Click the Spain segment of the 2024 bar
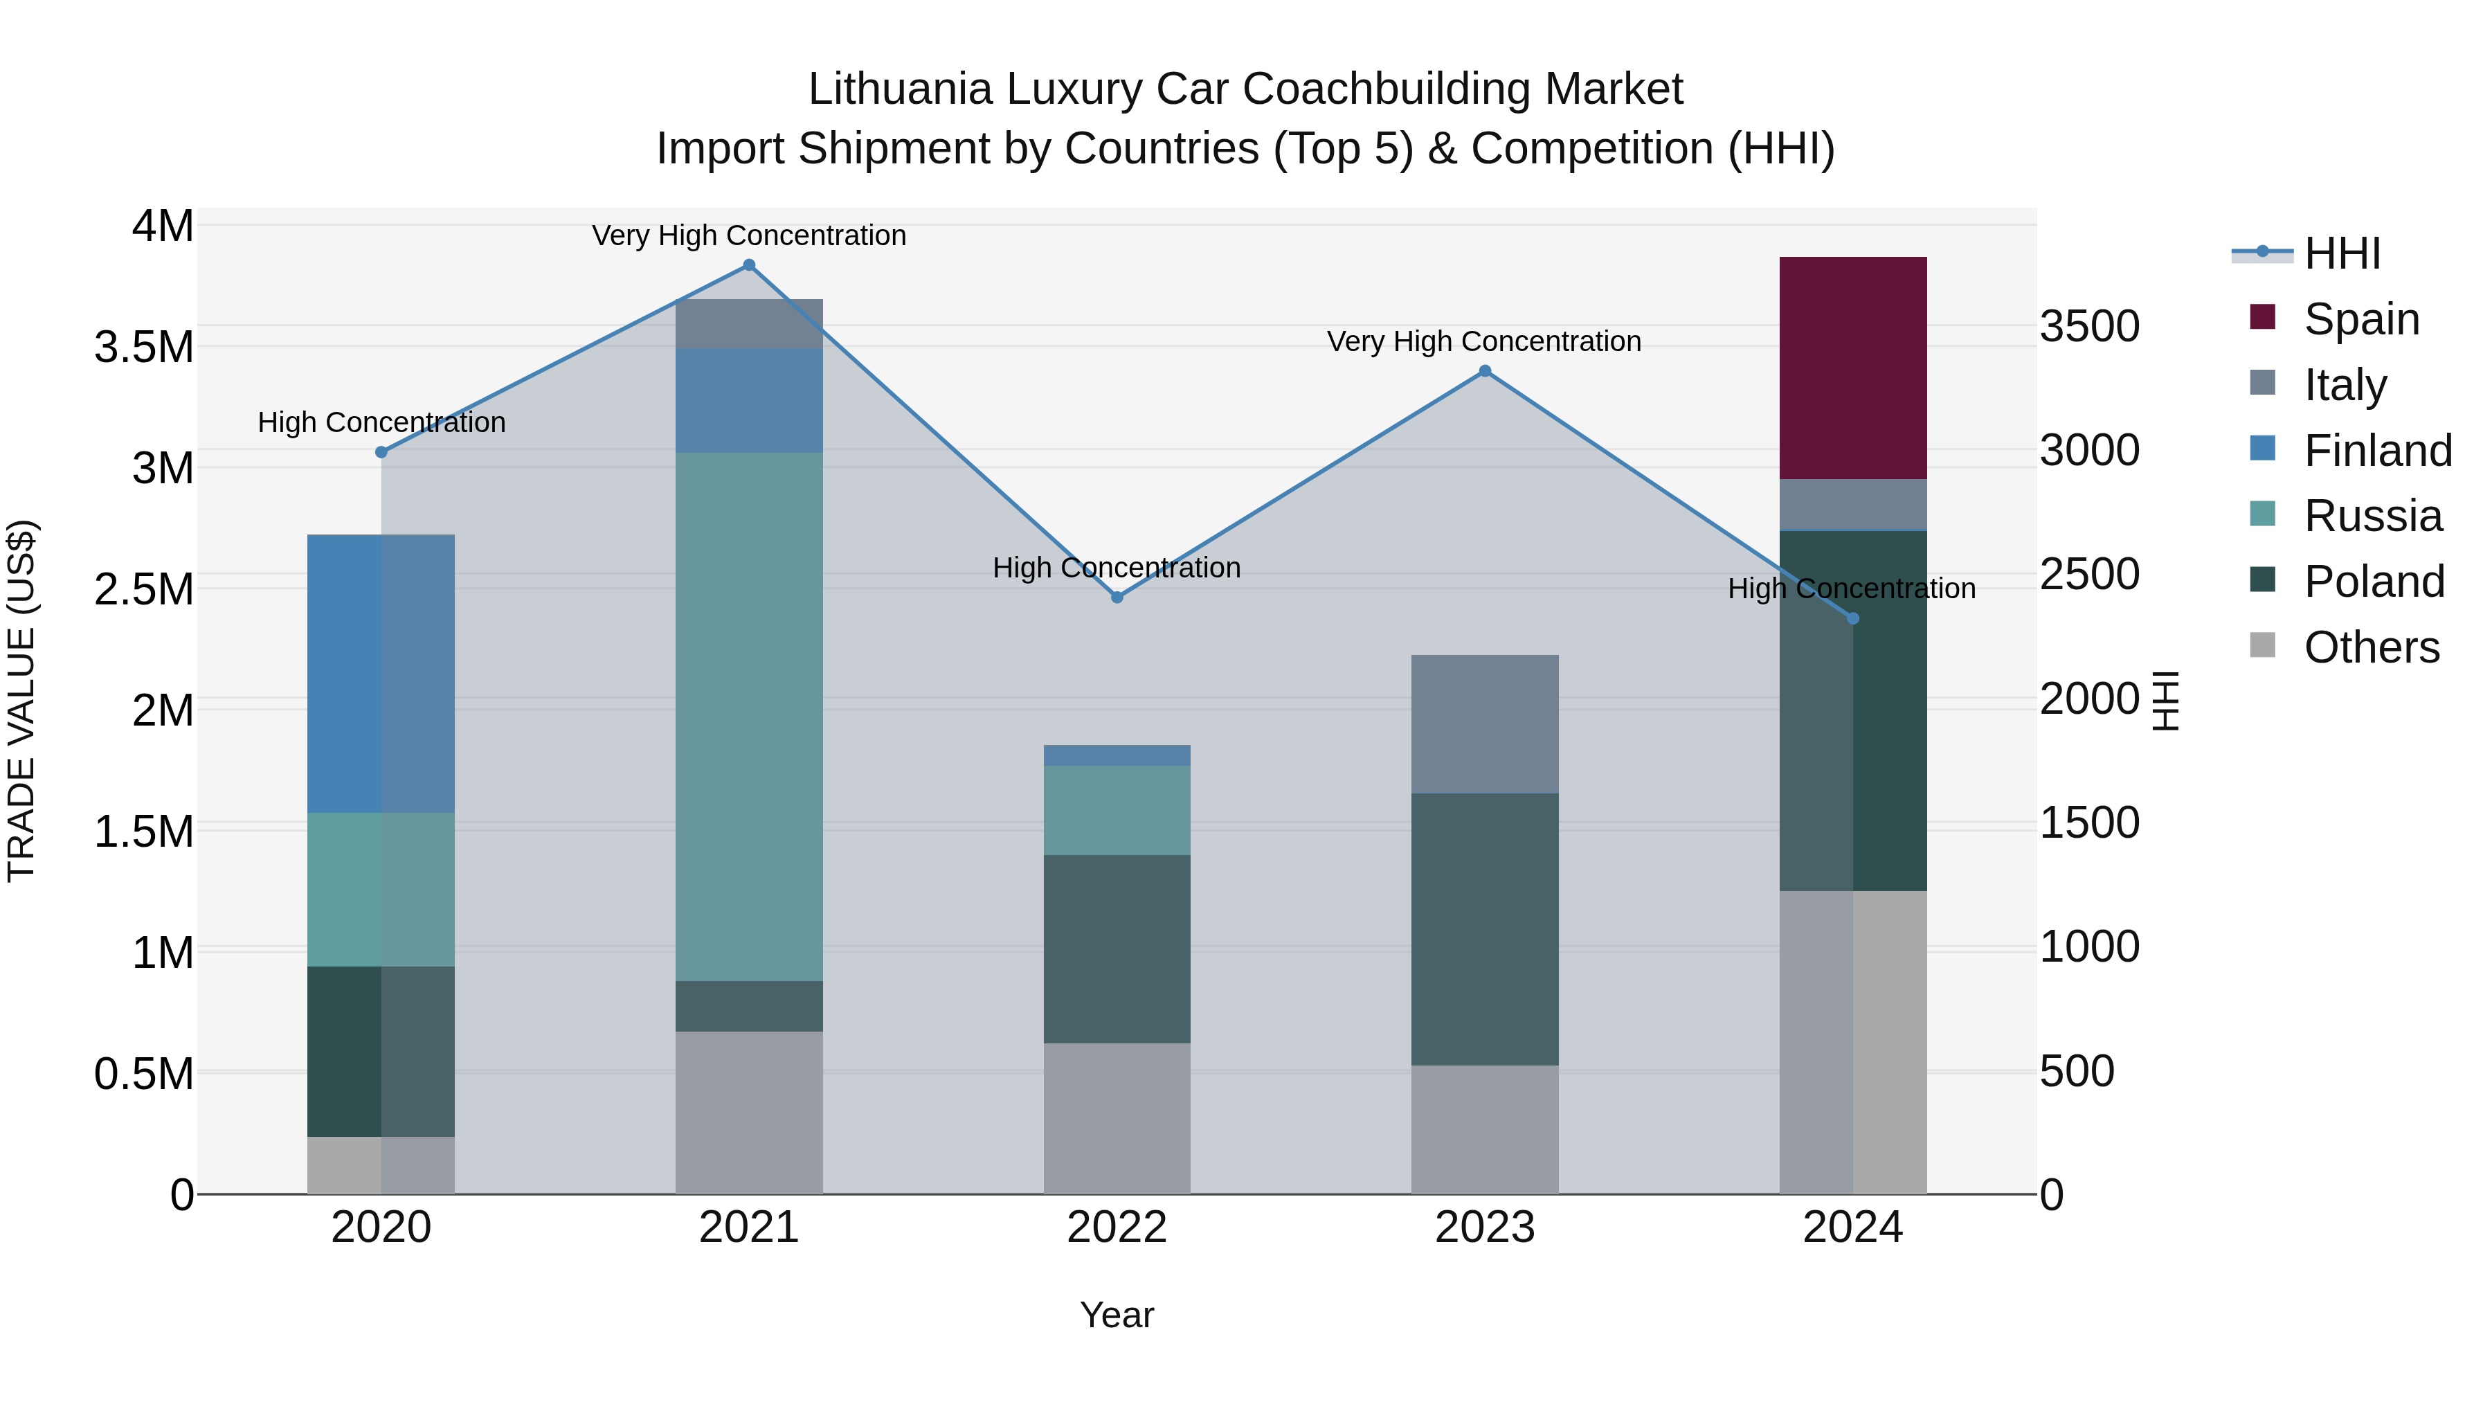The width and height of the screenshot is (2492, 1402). click(x=1852, y=368)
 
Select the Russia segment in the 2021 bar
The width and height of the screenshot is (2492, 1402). click(x=749, y=716)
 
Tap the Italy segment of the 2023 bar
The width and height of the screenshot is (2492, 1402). click(x=1485, y=724)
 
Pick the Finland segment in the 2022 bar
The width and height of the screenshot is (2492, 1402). click(x=1117, y=755)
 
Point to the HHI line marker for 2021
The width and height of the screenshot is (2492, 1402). click(x=749, y=265)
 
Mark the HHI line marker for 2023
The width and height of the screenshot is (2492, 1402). click(x=1485, y=372)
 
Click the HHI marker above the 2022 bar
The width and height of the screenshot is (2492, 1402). click(x=1117, y=597)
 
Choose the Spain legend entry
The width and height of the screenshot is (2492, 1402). click(x=2360, y=318)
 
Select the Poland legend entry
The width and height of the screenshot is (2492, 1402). click(x=2373, y=582)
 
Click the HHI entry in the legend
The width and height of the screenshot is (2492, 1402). click(x=2341, y=253)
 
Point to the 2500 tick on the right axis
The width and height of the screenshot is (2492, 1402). click(x=2090, y=574)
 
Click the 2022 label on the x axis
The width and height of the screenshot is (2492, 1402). click(x=1117, y=1228)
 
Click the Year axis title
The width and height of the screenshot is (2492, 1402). click(x=1117, y=1315)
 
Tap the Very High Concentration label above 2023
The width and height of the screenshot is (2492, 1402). click(x=1484, y=341)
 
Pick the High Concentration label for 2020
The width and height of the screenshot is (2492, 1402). click(x=381, y=423)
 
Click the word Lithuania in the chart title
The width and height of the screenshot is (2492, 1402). click(x=900, y=89)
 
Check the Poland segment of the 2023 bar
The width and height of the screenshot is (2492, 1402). click(x=1485, y=929)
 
